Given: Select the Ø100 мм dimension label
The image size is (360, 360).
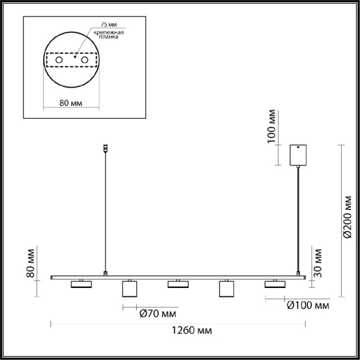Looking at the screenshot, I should point(307,305).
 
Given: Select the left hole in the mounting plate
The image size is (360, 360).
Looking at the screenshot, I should point(58,59).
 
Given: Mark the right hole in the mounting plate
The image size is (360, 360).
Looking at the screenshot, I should point(85,59).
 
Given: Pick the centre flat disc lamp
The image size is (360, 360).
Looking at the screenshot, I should point(179,284).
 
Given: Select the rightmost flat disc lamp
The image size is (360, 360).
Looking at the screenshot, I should point(275,284).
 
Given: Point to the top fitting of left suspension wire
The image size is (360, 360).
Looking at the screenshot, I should point(106,148).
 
